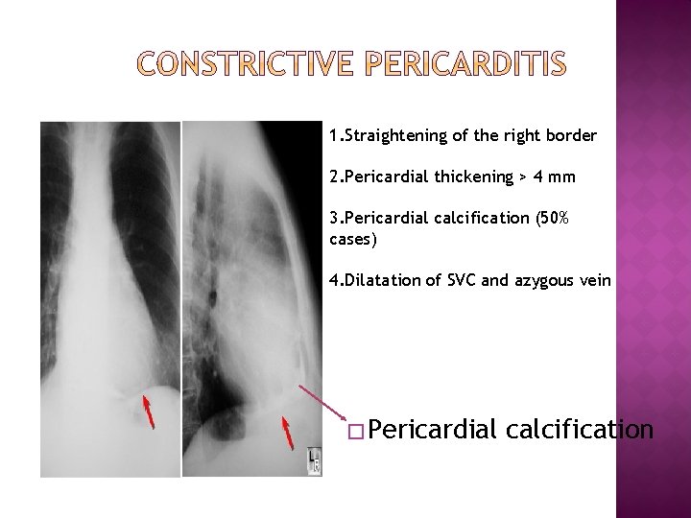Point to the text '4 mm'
[559, 177]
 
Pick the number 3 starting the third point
[333, 219]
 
